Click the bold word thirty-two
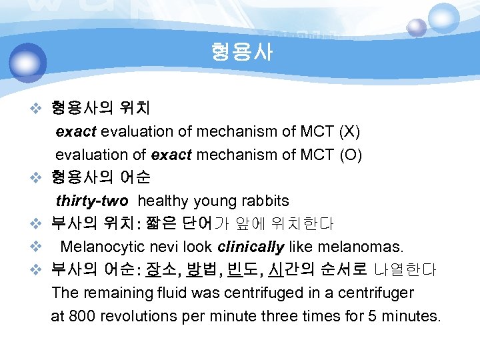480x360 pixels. pyautogui.click(x=92, y=201)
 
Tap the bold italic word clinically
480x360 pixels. pyautogui.click(x=251, y=247)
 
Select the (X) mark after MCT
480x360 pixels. pyautogui.click(x=350, y=131)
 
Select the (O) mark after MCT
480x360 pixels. pyautogui.click(x=351, y=155)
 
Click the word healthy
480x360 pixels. pyautogui.click(x=165, y=201)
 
